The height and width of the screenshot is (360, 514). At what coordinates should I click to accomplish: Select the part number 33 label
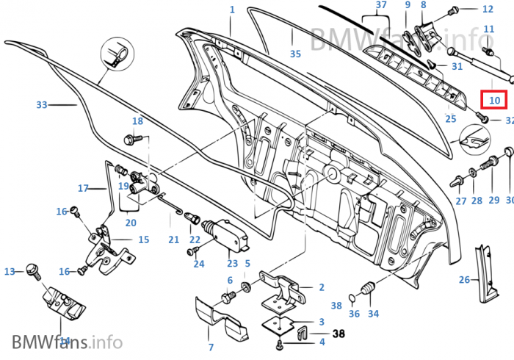(x=41, y=105)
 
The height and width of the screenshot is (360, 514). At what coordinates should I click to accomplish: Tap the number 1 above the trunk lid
(x=232, y=10)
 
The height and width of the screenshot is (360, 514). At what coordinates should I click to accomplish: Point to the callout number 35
(x=295, y=54)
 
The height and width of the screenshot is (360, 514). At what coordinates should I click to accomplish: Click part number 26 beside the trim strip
(x=464, y=279)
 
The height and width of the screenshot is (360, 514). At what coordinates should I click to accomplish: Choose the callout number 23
(x=232, y=263)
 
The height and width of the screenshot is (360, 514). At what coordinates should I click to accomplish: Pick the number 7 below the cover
(x=211, y=347)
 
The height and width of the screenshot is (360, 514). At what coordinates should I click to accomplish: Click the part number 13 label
(x=10, y=271)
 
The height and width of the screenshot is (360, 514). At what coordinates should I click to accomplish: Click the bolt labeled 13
(x=32, y=269)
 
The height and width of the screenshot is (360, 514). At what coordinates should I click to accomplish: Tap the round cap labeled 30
(x=507, y=152)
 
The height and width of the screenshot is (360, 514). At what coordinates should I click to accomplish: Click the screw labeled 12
(x=454, y=10)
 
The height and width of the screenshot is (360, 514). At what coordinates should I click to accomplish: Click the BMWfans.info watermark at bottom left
(x=66, y=342)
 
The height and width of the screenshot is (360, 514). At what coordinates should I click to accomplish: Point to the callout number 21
(x=173, y=240)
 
